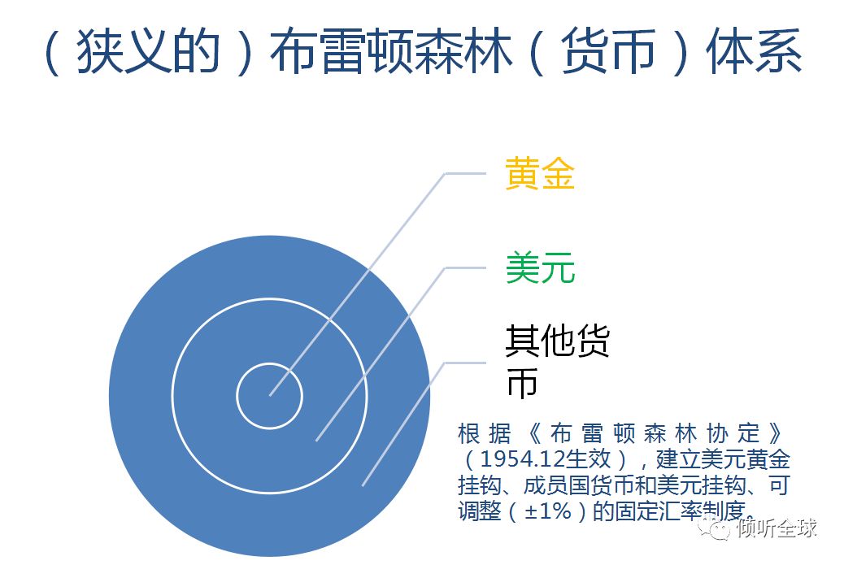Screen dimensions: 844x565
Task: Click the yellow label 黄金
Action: [540, 173]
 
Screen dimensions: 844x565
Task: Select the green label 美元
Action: [540, 267]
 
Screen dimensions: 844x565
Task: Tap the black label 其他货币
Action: [557, 361]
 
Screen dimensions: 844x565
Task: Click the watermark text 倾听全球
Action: [777, 528]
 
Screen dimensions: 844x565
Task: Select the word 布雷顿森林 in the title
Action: [390, 52]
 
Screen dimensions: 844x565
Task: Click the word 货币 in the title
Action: [608, 52]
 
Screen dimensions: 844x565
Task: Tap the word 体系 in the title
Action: [754, 52]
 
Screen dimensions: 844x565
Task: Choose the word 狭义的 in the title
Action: [149, 52]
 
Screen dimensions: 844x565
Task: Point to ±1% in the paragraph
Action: [547, 511]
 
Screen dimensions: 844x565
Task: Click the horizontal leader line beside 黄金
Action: [464, 173]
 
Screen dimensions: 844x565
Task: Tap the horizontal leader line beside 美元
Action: [464, 267]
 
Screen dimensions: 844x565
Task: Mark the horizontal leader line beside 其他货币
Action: [464, 363]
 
